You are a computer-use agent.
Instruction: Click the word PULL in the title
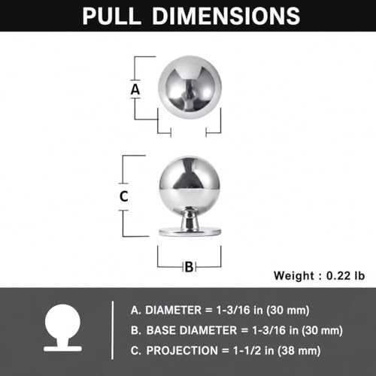click(112, 16)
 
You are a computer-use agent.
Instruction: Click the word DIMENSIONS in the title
click(226, 16)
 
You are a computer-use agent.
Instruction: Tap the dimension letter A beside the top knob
click(135, 89)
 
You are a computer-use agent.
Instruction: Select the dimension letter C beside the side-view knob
click(124, 196)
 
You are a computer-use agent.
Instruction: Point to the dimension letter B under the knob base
click(190, 267)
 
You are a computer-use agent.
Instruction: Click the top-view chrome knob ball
click(190, 87)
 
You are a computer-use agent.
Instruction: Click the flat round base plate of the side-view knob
click(190, 232)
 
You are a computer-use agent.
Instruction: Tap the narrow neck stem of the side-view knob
click(190, 218)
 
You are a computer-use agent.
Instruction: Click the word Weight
click(294, 276)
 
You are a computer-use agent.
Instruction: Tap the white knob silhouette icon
click(62, 328)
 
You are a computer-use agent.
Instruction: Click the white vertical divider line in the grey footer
click(113, 330)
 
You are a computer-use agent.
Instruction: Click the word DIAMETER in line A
click(173, 311)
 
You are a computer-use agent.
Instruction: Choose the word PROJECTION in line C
click(182, 350)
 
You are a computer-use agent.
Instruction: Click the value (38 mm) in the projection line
click(299, 351)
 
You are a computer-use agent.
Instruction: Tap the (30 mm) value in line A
click(288, 311)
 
